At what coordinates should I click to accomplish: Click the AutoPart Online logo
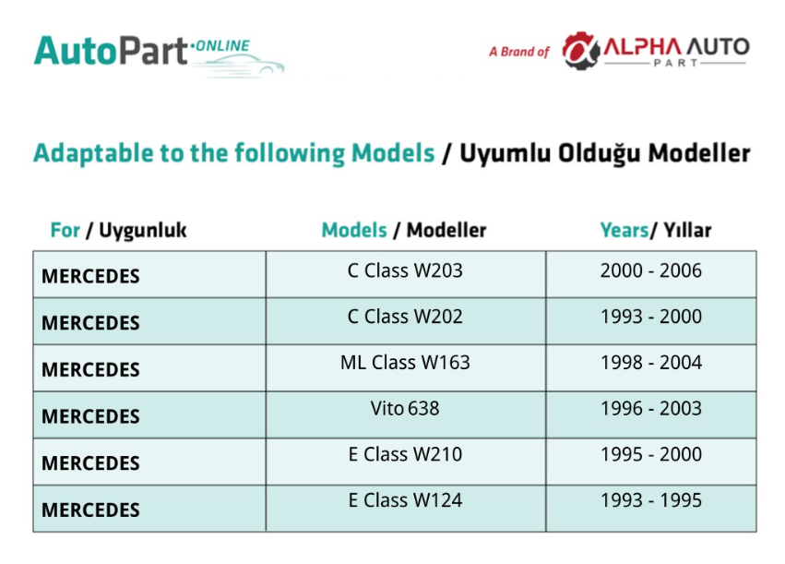159,54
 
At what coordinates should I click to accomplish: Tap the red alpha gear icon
581,50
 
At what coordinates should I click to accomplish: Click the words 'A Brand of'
519,52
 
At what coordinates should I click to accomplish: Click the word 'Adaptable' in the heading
93,153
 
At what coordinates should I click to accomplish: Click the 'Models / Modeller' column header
404,230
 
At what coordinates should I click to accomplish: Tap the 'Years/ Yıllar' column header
656,230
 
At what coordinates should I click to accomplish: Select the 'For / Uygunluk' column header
118,231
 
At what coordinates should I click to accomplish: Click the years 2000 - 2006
651,270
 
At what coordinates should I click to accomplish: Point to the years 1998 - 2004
651,362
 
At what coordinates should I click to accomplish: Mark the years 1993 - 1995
651,500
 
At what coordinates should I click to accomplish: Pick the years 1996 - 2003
651,408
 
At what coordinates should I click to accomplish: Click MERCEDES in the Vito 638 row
90,416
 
